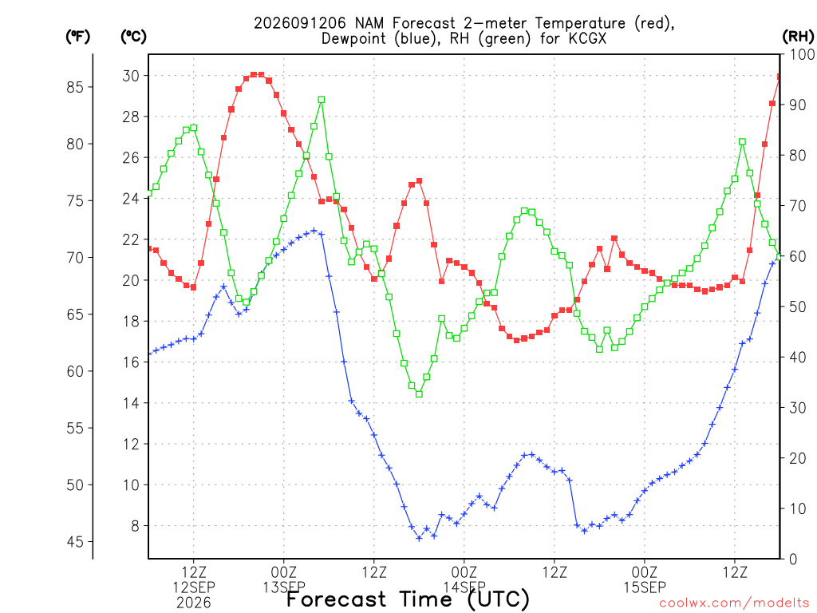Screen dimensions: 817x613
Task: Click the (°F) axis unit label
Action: (x=77, y=37)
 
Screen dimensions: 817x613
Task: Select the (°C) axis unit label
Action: (x=133, y=37)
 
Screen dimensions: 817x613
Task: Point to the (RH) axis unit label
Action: (x=798, y=37)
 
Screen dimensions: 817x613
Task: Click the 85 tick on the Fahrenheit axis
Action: (x=75, y=87)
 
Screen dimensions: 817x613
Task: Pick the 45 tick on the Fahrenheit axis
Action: (x=75, y=542)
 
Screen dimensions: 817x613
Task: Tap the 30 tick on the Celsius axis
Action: (x=131, y=76)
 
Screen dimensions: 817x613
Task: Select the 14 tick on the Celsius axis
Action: (x=131, y=403)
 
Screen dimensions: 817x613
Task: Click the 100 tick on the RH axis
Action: (x=801, y=54)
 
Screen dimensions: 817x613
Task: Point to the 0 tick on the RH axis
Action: (x=793, y=560)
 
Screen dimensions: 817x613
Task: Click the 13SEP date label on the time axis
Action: (x=284, y=587)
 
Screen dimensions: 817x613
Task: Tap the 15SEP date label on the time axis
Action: (x=645, y=587)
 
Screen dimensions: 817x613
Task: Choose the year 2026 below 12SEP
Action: (x=194, y=603)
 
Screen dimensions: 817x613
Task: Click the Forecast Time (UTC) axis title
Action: (x=408, y=599)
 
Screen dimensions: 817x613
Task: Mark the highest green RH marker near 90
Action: (x=322, y=100)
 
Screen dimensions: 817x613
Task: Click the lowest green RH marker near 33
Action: (x=419, y=394)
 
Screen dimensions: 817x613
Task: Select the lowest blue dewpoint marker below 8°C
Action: (x=419, y=538)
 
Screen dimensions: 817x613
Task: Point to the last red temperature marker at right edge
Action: (x=779, y=77)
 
